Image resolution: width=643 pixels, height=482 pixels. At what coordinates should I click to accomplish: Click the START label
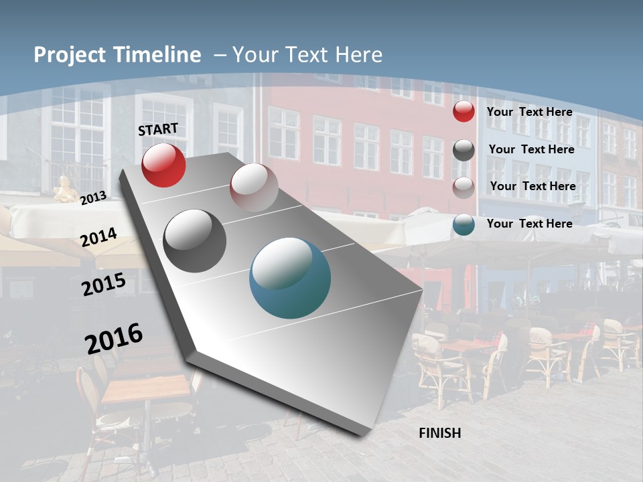(158, 129)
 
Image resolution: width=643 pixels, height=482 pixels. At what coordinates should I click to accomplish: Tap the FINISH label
(439, 433)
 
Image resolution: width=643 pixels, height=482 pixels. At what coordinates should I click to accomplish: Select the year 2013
(93, 197)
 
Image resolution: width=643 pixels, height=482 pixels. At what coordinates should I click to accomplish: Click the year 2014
(98, 237)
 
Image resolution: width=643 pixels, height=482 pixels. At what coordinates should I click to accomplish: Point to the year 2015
(104, 285)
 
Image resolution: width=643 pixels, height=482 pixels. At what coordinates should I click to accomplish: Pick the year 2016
(114, 339)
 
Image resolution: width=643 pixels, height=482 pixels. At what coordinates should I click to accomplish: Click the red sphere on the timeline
(163, 165)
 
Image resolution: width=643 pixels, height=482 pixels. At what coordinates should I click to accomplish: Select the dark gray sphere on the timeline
(194, 241)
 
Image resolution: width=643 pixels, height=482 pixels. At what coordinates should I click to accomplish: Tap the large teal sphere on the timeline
(290, 278)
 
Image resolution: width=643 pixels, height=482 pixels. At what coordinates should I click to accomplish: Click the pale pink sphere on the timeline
(254, 187)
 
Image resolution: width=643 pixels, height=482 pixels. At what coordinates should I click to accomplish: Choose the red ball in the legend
(463, 112)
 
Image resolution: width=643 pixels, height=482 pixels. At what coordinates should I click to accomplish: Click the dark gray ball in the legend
(463, 150)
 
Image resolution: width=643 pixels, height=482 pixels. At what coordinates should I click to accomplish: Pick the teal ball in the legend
(463, 224)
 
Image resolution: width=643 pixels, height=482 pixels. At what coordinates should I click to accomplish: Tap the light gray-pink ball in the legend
(463, 187)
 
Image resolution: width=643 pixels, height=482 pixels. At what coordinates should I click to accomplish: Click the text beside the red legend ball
(529, 112)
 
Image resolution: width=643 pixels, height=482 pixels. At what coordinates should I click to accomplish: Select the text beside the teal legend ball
(529, 224)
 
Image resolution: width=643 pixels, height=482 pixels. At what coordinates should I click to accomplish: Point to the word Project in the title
(69, 55)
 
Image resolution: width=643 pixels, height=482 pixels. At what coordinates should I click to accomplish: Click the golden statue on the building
(65, 189)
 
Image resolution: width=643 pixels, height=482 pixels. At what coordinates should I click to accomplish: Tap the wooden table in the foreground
(146, 389)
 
